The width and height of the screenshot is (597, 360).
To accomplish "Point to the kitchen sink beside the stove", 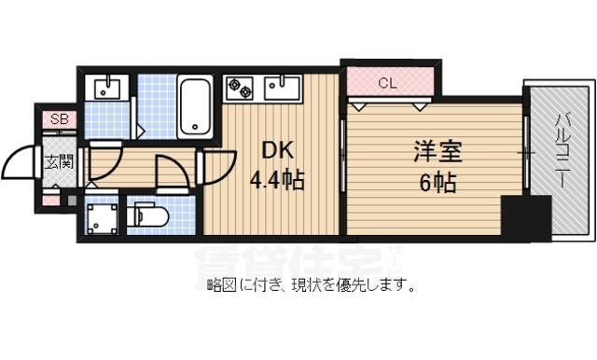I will point(281,89).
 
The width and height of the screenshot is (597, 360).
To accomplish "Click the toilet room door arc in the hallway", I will point(169,173).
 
